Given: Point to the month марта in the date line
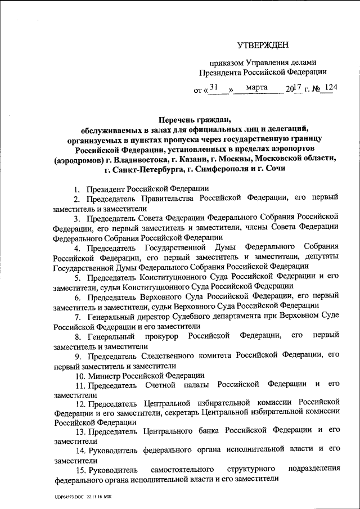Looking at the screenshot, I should pyautogui.click(x=256, y=88).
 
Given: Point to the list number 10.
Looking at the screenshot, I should pyautogui.click(x=78, y=375).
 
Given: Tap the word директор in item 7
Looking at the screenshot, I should pyautogui.click(x=146, y=316).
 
